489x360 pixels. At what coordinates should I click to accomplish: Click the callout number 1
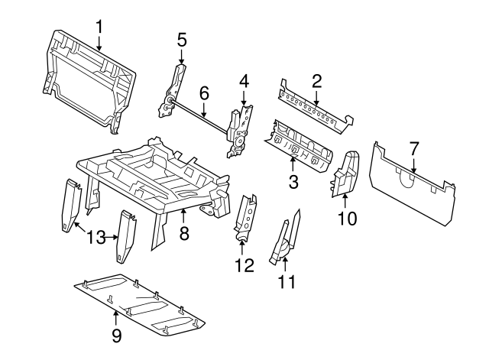[x=99, y=28]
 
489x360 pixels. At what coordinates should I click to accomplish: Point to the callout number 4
[x=244, y=80]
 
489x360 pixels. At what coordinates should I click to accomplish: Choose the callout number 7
[x=414, y=147]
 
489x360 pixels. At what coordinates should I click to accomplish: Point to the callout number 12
[x=243, y=267]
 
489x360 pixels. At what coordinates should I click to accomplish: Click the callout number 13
[x=96, y=237]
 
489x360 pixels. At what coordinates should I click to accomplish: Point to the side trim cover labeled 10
[x=346, y=173]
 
